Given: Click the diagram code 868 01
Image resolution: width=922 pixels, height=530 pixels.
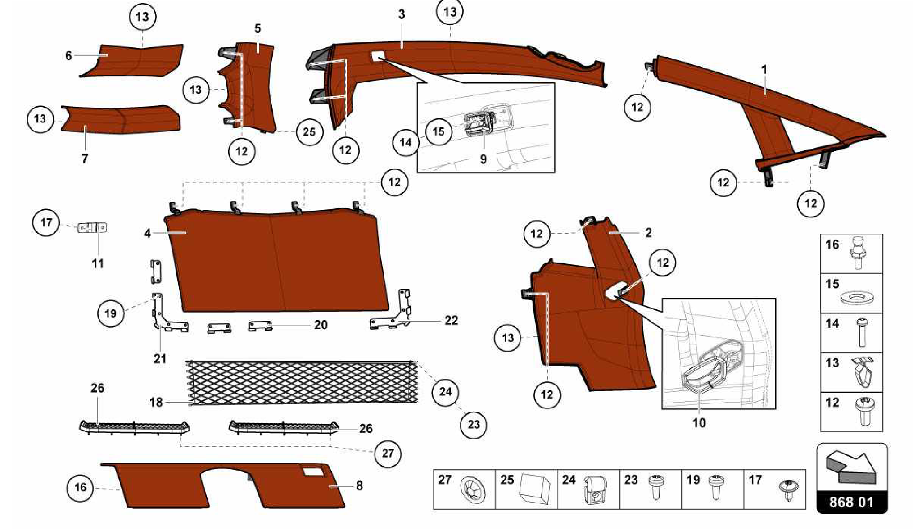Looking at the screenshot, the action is (852, 502).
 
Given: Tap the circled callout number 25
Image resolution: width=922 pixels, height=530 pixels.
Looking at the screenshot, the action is (309, 132).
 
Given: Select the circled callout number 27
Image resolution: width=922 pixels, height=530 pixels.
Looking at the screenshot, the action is (388, 453).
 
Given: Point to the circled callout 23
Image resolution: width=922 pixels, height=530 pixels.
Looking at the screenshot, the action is (474, 424).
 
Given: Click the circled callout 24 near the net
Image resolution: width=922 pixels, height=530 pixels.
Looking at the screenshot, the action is (445, 391).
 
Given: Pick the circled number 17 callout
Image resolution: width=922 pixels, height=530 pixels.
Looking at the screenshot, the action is (46, 222).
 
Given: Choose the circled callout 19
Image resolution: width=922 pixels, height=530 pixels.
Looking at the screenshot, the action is (111, 313).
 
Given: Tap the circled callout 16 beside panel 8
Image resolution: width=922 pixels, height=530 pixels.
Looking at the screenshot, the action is (80, 487).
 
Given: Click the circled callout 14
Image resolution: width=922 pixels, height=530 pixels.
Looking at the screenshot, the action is (406, 143).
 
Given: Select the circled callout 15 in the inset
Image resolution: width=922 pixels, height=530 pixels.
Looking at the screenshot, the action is (438, 131).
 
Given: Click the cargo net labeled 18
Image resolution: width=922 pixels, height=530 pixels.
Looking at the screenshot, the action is (303, 382).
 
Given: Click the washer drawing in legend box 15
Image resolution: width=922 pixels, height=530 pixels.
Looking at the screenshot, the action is (856, 298).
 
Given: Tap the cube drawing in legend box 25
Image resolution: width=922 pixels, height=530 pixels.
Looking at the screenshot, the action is (535, 489).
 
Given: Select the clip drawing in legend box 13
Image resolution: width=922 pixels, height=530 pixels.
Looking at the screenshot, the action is (861, 371).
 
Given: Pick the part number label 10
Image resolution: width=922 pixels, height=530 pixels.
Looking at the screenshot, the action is (699, 423).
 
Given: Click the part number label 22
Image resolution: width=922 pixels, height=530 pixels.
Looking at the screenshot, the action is (451, 320).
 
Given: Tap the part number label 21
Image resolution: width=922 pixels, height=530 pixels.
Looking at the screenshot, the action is (160, 359).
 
